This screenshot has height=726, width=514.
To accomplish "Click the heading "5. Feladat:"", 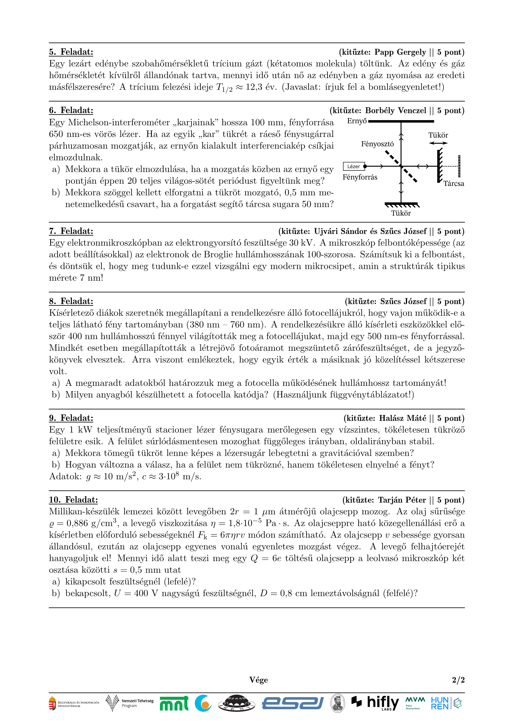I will click(x=71, y=52).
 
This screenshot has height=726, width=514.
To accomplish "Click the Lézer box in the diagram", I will click(x=354, y=166).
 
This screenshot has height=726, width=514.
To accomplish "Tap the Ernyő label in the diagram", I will click(x=357, y=121).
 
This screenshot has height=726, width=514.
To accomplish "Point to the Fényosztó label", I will click(x=377, y=144).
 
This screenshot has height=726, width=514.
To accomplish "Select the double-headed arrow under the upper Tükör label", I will click(x=438, y=143).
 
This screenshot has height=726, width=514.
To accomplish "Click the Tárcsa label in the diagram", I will click(x=453, y=184).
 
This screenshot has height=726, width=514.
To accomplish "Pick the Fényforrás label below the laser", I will click(x=360, y=178).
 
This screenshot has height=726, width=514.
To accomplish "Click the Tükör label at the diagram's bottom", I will click(x=401, y=214).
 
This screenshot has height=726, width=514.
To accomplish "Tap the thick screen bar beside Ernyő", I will click(x=401, y=121).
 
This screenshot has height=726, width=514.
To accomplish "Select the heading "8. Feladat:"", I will click(x=71, y=301).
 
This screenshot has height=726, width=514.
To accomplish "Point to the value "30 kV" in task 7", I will click(x=301, y=243).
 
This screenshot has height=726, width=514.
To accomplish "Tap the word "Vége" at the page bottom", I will click(x=258, y=680).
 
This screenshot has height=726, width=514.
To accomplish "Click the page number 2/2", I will click(x=458, y=680).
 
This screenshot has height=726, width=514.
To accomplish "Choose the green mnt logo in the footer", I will click(x=174, y=704).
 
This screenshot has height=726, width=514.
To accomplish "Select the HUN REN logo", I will click(x=440, y=703).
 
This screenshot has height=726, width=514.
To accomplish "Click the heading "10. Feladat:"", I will click(x=73, y=500).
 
